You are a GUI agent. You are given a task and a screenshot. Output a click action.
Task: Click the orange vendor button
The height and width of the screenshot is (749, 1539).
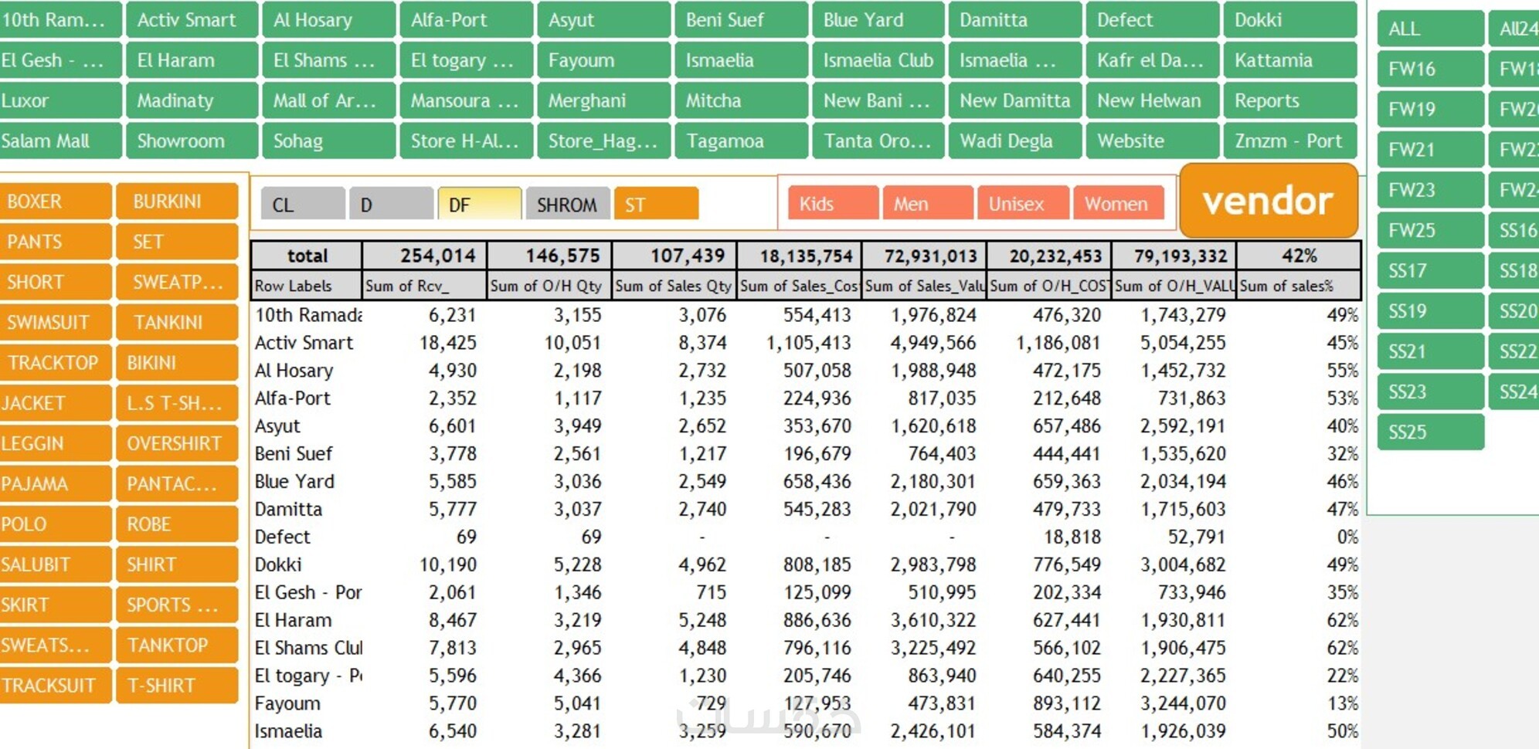click(1268, 201)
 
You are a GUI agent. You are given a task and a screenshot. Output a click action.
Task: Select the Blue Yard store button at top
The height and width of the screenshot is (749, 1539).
click(877, 20)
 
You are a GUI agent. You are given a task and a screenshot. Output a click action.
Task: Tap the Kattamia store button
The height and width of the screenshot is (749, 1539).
click(1289, 60)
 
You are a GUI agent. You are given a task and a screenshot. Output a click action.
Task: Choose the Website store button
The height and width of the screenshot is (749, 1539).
click(1151, 141)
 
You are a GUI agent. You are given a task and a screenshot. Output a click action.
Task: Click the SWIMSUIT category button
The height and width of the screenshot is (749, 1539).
click(55, 322)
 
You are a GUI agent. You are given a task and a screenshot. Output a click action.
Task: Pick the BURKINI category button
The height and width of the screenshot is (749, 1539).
click(177, 202)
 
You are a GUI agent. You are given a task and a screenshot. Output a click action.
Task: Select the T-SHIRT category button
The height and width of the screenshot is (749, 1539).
click(177, 685)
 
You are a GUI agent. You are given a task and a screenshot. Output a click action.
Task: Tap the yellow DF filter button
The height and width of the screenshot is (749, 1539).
click(479, 205)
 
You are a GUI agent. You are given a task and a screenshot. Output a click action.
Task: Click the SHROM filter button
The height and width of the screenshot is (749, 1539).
click(567, 205)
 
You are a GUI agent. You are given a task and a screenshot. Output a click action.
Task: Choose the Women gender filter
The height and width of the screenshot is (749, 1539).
click(1117, 204)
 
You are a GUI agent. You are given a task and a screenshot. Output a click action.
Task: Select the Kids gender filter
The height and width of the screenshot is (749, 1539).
click(832, 204)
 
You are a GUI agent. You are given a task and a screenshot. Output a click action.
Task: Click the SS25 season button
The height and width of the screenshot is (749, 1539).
click(1429, 432)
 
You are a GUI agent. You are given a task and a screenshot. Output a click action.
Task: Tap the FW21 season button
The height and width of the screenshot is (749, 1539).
click(1429, 149)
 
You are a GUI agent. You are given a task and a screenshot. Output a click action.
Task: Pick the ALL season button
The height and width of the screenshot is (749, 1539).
click(1429, 29)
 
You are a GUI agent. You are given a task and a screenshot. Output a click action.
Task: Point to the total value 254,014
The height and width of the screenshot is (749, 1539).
click(437, 256)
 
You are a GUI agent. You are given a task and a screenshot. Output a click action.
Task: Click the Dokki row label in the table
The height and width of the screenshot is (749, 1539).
click(278, 564)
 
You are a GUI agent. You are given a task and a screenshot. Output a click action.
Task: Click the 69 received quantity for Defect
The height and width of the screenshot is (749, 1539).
click(466, 537)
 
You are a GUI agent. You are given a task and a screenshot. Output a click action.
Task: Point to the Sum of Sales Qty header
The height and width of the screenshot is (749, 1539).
click(673, 286)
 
